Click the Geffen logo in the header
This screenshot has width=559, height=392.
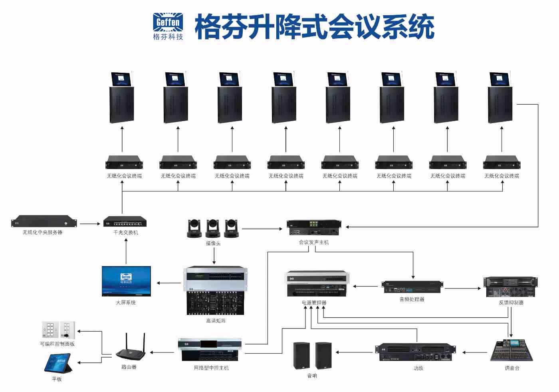click(168, 26)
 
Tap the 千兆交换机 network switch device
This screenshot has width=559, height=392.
click(125, 221)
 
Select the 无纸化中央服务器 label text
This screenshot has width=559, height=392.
click(43, 232)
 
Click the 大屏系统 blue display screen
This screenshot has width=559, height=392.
click(126, 281)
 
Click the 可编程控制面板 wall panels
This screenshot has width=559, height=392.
click(58, 330)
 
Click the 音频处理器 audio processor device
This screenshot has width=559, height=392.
click(412, 287)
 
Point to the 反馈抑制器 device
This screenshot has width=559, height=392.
click(511, 287)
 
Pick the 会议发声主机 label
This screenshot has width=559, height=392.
click(314, 242)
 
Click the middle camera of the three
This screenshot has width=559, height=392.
click(213, 228)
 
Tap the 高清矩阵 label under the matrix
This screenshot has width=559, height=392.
click(216, 320)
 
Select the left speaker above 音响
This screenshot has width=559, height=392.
click(301, 355)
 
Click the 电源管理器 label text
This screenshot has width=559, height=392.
click(314, 302)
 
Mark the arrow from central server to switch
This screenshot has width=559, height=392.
click(89, 224)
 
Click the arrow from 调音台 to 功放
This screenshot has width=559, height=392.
click(475, 352)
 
